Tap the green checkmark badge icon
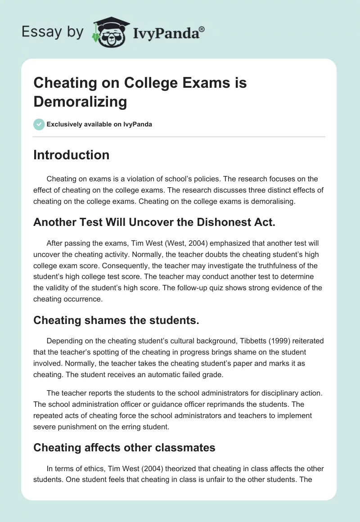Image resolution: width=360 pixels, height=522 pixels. pyautogui.click(x=39, y=124)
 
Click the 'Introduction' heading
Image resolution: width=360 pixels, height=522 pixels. pyautogui.click(x=71, y=155)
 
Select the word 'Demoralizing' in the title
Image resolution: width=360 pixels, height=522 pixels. pyautogui.click(x=80, y=102)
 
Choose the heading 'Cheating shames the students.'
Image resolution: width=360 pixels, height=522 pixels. pyautogui.click(x=116, y=320)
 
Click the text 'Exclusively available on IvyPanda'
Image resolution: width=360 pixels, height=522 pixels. pyautogui.click(x=99, y=124)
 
